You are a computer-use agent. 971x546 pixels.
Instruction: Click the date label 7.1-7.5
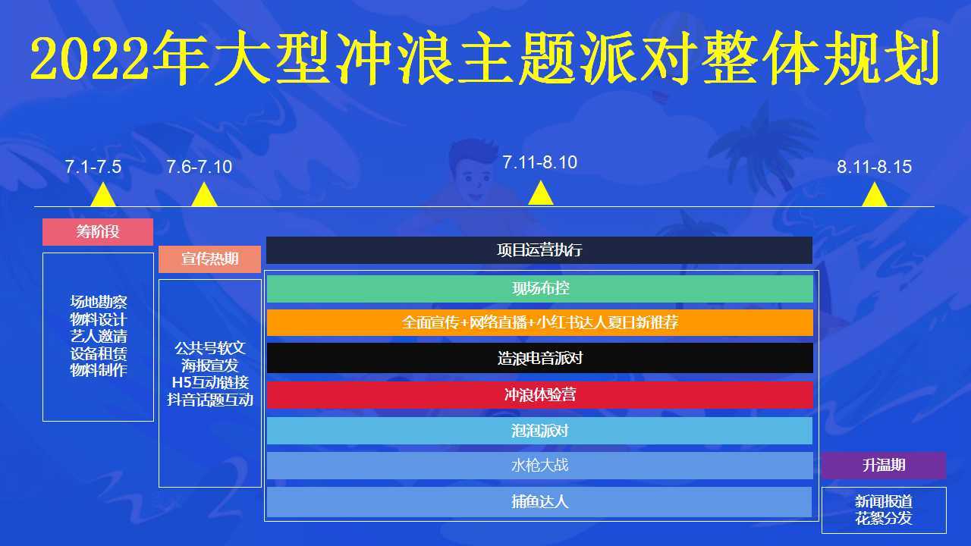[x=93, y=167]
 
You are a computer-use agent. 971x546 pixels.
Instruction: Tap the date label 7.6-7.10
[x=200, y=167]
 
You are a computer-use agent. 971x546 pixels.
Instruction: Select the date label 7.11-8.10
[x=540, y=162]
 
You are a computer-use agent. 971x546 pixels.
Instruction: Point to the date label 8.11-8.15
[x=875, y=167]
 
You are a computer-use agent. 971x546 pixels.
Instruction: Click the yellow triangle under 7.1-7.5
[x=103, y=195]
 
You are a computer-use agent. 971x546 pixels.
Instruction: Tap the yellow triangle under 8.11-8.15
[x=875, y=195]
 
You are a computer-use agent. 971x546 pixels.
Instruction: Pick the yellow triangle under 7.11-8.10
[x=541, y=193]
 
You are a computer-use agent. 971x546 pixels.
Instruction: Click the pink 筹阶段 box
[x=98, y=232]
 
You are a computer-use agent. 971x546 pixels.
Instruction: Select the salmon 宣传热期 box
[x=210, y=259]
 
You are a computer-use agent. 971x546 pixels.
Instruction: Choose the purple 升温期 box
[x=884, y=466]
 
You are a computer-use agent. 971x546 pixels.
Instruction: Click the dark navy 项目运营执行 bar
[x=539, y=250]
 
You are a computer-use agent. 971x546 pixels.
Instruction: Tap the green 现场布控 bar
[x=540, y=289]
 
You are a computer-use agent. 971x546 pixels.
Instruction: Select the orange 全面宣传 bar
[x=540, y=322]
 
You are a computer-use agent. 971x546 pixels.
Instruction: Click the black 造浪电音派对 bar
[x=540, y=358]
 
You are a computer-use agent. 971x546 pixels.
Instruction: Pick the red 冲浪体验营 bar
[x=540, y=395]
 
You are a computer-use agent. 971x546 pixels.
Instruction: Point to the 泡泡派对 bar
[x=539, y=431]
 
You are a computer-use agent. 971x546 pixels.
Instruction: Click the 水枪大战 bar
[x=540, y=466]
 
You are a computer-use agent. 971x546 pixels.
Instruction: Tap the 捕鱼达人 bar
[x=539, y=502]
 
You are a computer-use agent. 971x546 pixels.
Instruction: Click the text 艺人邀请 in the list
[x=99, y=336]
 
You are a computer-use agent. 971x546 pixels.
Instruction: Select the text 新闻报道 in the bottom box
[x=884, y=501]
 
